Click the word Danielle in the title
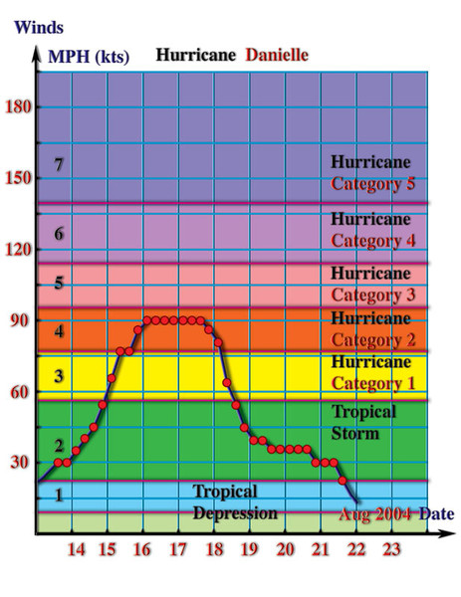[x=277, y=55]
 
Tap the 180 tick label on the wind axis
[x=18, y=106]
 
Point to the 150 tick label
[x=18, y=178]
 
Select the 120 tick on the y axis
[x=18, y=250]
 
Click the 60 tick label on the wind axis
[x=20, y=392]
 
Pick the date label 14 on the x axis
[x=77, y=549]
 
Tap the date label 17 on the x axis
[x=178, y=549]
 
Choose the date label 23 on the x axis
[x=391, y=549]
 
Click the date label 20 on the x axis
[x=285, y=549]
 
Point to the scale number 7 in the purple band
[x=59, y=164]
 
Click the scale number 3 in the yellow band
[x=59, y=376]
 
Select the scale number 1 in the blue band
[x=59, y=496]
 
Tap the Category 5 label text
[x=372, y=183]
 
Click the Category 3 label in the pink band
[x=373, y=295]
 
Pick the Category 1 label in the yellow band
[x=373, y=383]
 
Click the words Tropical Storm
[x=363, y=423]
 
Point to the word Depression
[x=235, y=513]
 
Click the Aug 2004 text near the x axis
[x=375, y=514]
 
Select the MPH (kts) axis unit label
[x=89, y=57]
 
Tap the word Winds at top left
[x=39, y=28]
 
